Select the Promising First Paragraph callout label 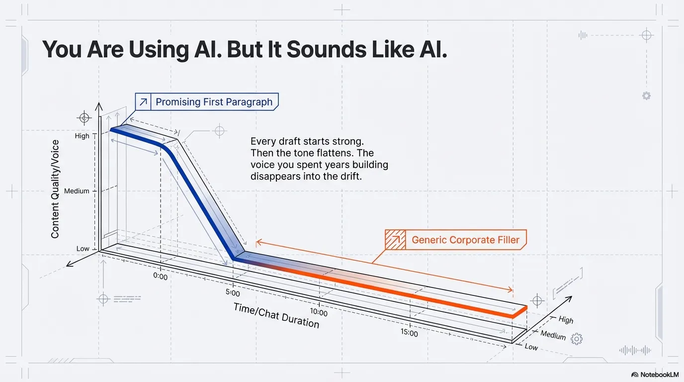(214, 102)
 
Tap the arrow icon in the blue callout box (144, 102)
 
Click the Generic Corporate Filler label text (465, 240)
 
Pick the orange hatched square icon (396, 240)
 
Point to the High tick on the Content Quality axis (82, 136)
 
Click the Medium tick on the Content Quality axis (77, 191)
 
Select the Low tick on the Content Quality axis (83, 249)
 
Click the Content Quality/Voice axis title (55, 189)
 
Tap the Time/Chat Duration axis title (276, 315)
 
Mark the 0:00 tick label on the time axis (161, 276)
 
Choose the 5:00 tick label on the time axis (233, 293)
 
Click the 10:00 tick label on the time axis (319, 313)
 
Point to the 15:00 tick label (409, 333)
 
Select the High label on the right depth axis (566, 320)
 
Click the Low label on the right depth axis (531, 347)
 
